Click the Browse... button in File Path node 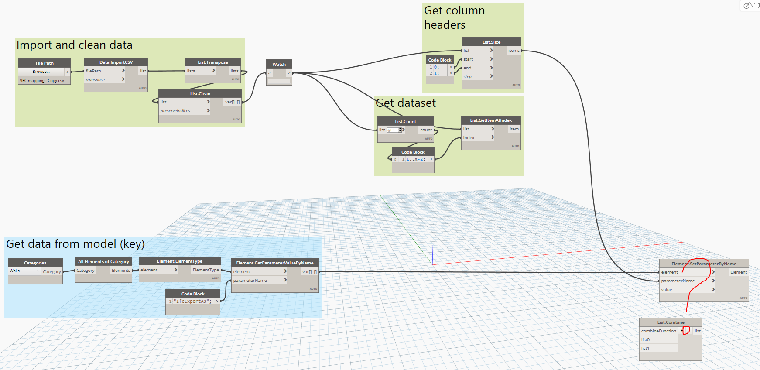41,72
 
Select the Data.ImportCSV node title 116,62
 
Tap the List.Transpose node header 212,62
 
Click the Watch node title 279,65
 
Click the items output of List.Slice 514,51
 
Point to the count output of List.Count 426,130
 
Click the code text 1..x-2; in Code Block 415,159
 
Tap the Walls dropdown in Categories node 24,271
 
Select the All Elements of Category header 103,262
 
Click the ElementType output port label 205,270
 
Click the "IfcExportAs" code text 192,301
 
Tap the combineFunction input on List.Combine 659,331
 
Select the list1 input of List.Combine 646,349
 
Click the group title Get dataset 406,103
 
